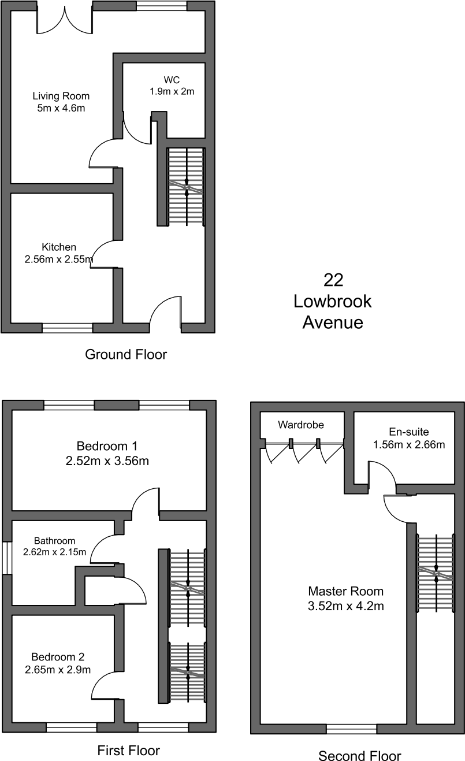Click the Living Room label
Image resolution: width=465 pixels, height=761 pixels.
point(61,96)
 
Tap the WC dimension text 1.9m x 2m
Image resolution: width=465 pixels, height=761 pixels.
point(172,91)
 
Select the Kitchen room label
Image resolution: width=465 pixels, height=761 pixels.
point(59,247)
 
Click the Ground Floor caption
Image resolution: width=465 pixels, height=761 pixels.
point(126,354)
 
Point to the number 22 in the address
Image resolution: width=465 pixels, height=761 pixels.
point(333,280)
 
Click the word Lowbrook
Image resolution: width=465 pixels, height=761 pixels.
point(333,302)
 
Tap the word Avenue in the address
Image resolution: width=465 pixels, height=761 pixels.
point(333,322)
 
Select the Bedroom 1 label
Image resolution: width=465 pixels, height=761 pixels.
point(107,446)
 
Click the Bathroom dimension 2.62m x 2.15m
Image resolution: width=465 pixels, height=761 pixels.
point(55,552)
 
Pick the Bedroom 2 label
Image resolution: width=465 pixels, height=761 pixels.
point(58,657)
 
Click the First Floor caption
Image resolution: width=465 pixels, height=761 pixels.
point(128,750)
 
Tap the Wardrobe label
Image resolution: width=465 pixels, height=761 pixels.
point(301,425)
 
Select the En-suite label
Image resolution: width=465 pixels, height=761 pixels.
point(409,432)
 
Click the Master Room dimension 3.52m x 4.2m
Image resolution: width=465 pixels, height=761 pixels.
point(346,606)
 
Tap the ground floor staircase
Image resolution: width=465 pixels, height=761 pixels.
point(187,187)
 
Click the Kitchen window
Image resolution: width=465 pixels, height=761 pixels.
point(67,328)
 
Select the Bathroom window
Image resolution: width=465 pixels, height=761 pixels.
point(7,558)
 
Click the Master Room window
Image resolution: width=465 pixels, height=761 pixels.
point(352,729)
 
